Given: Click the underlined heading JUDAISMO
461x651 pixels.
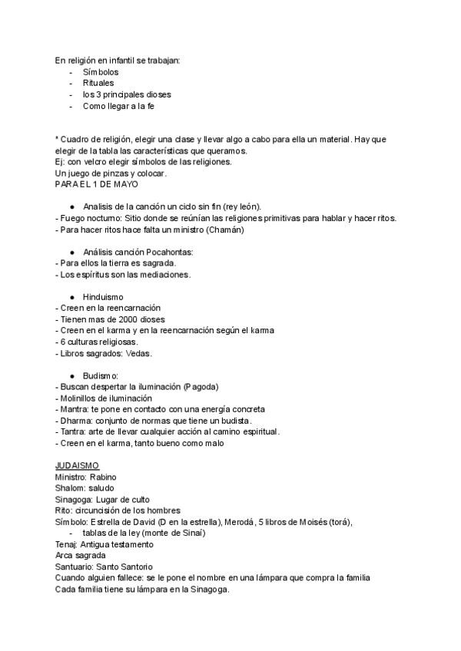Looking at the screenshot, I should click(77, 465).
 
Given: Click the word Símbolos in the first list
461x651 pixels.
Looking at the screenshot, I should click(101, 72).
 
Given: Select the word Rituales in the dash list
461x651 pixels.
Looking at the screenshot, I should click(99, 83).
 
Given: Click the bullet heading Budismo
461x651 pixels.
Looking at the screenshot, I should click(100, 376).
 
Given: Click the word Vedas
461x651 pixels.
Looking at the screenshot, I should click(139, 354).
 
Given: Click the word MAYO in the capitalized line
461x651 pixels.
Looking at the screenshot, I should click(127, 184).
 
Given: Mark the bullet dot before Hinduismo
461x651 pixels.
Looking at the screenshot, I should click(72, 296).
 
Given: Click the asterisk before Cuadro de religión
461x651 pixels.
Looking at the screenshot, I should click(57, 139).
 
